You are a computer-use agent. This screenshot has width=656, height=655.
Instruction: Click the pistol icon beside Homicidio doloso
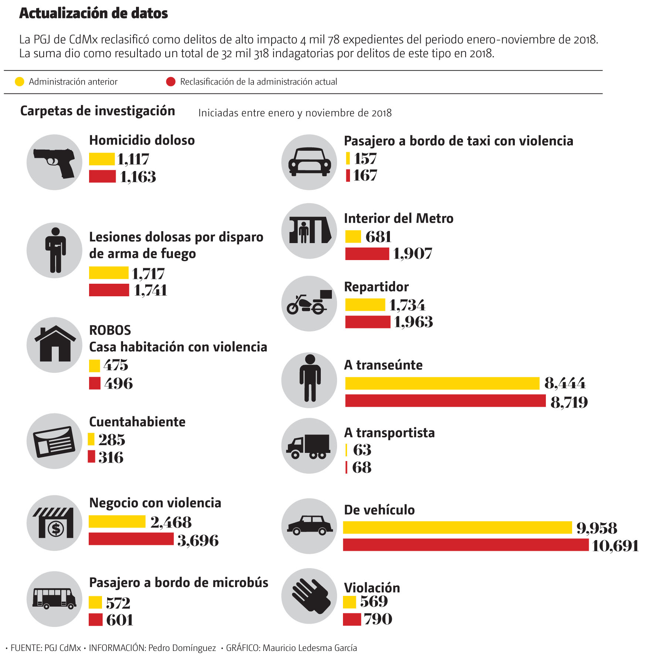(54, 163)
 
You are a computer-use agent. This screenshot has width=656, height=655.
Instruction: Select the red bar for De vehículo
(466, 545)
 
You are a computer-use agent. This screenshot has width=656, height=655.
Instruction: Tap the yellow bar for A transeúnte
(442, 383)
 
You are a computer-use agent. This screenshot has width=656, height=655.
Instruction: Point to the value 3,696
(198, 540)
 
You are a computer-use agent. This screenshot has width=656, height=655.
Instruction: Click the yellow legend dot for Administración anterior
(19, 82)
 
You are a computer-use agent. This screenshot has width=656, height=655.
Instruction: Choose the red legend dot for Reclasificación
(171, 82)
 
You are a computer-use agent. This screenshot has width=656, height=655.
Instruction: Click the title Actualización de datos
(94, 13)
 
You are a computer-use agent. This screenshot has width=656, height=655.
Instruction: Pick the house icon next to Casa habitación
(55, 345)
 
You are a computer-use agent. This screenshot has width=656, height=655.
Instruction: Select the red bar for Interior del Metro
(367, 254)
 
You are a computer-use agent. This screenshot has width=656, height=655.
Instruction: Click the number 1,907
(412, 254)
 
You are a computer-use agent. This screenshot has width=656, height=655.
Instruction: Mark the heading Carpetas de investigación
(98, 111)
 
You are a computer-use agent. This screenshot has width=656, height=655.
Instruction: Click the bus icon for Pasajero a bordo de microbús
(54, 599)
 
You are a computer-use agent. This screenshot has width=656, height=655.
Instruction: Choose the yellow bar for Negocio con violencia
(117, 522)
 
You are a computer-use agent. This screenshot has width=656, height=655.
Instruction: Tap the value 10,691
(615, 546)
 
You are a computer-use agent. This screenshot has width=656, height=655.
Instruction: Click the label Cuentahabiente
(137, 422)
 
